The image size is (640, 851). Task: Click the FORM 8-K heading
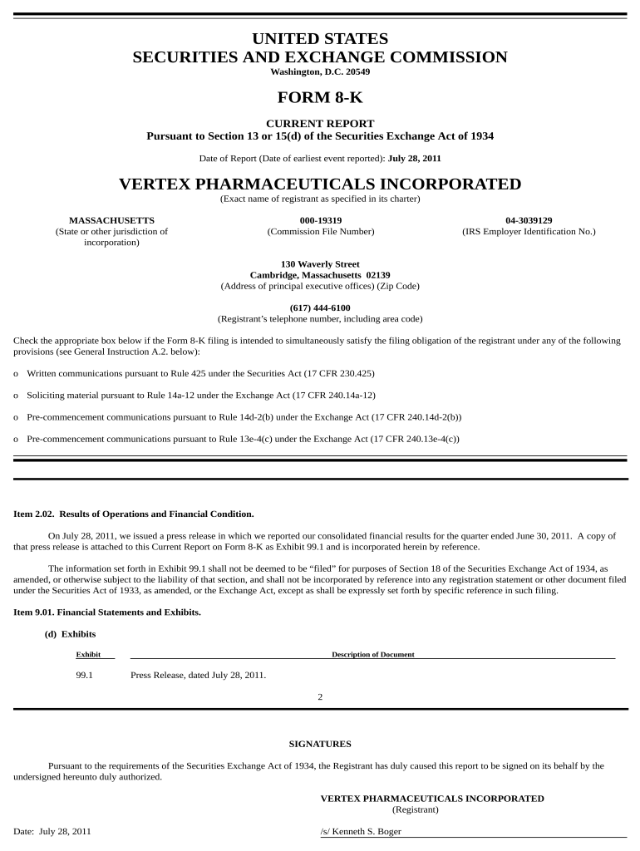(320, 98)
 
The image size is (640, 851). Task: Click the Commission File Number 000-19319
(320, 220)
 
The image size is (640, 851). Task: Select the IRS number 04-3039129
(529, 220)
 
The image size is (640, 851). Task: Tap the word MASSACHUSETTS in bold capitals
(111, 220)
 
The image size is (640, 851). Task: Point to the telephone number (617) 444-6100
(320, 307)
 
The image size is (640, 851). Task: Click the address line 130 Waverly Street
(320, 264)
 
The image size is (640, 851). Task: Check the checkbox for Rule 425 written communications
(17, 374)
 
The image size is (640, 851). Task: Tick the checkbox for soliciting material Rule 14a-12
(17, 396)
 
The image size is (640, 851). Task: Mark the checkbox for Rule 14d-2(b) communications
(17, 417)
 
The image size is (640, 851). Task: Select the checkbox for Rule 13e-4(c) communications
(17, 439)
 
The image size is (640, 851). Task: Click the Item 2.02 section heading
(134, 514)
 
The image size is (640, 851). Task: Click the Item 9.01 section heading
(107, 612)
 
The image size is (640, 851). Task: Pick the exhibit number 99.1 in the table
(84, 675)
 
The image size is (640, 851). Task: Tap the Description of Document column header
(372, 655)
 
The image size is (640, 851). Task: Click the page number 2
(320, 697)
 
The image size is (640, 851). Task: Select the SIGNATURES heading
(320, 744)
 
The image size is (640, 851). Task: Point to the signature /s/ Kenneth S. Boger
(361, 831)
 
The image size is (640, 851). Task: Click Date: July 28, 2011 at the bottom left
(52, 831)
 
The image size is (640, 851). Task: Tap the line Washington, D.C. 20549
(320, 71)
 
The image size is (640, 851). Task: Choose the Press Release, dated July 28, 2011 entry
(199, 675)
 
